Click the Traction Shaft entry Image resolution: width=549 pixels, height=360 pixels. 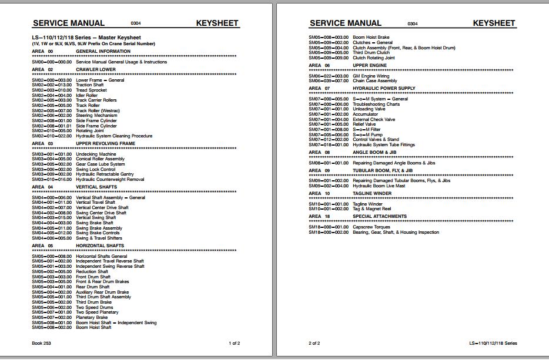pos(90,85)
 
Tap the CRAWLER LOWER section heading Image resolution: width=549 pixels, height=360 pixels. pos(96,69)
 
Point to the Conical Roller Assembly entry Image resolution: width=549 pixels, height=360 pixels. pos(100,159)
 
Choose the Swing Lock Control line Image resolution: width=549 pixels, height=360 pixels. pos(96,169)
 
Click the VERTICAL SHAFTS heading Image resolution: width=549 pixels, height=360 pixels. pos(96,187)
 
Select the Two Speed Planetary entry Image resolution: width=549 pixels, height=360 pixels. pos(97,312)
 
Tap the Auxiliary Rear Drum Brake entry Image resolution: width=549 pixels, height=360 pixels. pos(102,292)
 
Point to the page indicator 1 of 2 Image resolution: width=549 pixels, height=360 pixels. pos(234,342)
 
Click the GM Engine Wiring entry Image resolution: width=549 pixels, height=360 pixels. pos(371,76)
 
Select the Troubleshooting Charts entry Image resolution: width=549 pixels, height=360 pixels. pos(376,104)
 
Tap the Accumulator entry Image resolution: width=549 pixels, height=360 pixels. pos(366,114)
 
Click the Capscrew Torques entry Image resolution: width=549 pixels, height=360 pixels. pos(371,227)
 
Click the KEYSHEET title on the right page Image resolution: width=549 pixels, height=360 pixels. pos(494,23)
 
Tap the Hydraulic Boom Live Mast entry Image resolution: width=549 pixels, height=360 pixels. pos(379,186)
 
